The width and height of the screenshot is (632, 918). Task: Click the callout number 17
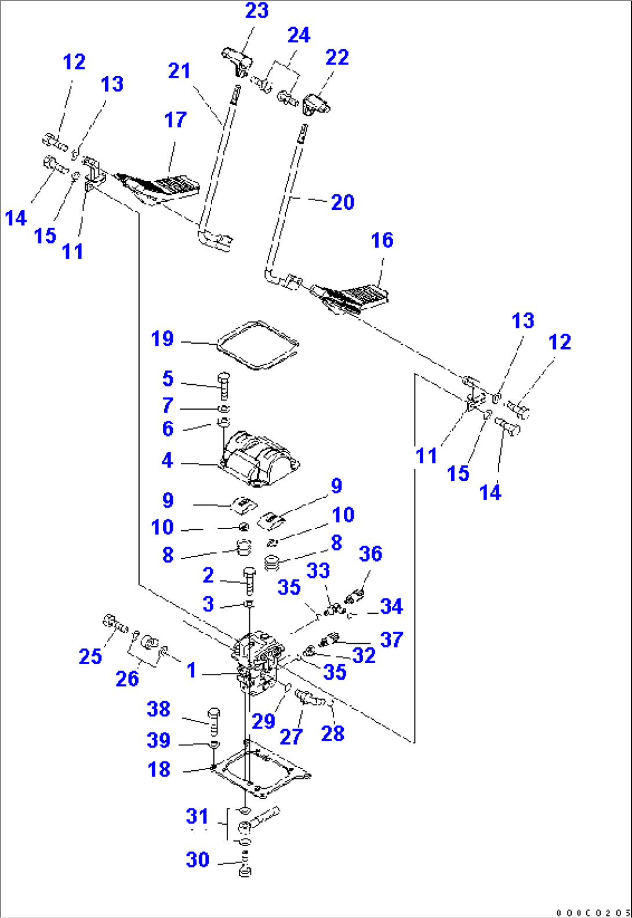[175, 120]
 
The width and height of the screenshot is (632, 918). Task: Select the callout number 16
[382, 240]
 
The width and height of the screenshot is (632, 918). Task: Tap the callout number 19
[162, 338]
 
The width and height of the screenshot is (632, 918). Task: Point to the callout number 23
[256, 10]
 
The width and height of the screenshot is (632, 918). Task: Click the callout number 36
[371, 553]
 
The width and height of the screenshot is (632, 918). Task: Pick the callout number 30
[197, 859]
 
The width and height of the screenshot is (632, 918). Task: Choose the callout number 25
[90, 656]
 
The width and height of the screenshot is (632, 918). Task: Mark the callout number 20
[342, 202]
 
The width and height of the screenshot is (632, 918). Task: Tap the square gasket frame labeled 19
[257, 345]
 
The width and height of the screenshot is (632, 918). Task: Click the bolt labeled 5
[224, 385]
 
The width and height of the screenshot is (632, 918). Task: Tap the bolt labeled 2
[249, 580]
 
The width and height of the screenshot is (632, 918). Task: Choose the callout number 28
[332, 733]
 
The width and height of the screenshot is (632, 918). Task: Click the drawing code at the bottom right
[593, 913]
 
